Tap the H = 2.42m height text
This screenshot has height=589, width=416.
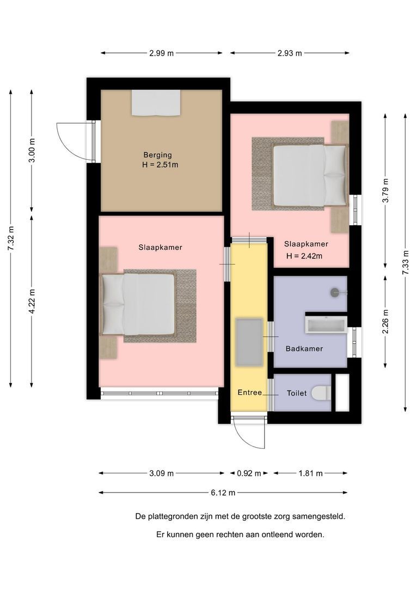(x=304, y=256)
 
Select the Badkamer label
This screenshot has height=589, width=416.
(x=304, y=348)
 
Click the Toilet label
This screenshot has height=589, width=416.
(x=296, y=393)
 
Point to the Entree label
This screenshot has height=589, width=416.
(x=249, y=393)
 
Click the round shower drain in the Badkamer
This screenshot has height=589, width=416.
(x=334, y=292)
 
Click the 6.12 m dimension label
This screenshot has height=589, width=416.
(x=223, y=492)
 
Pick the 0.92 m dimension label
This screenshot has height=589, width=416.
(x=248, y=473)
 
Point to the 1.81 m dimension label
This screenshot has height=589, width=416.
(x=310, y=473)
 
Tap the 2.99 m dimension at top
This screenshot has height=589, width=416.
(x=161, y=53)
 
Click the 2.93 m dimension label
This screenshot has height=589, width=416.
(x=290, y=53)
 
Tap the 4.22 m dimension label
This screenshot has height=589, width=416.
(x=32, y=300)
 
